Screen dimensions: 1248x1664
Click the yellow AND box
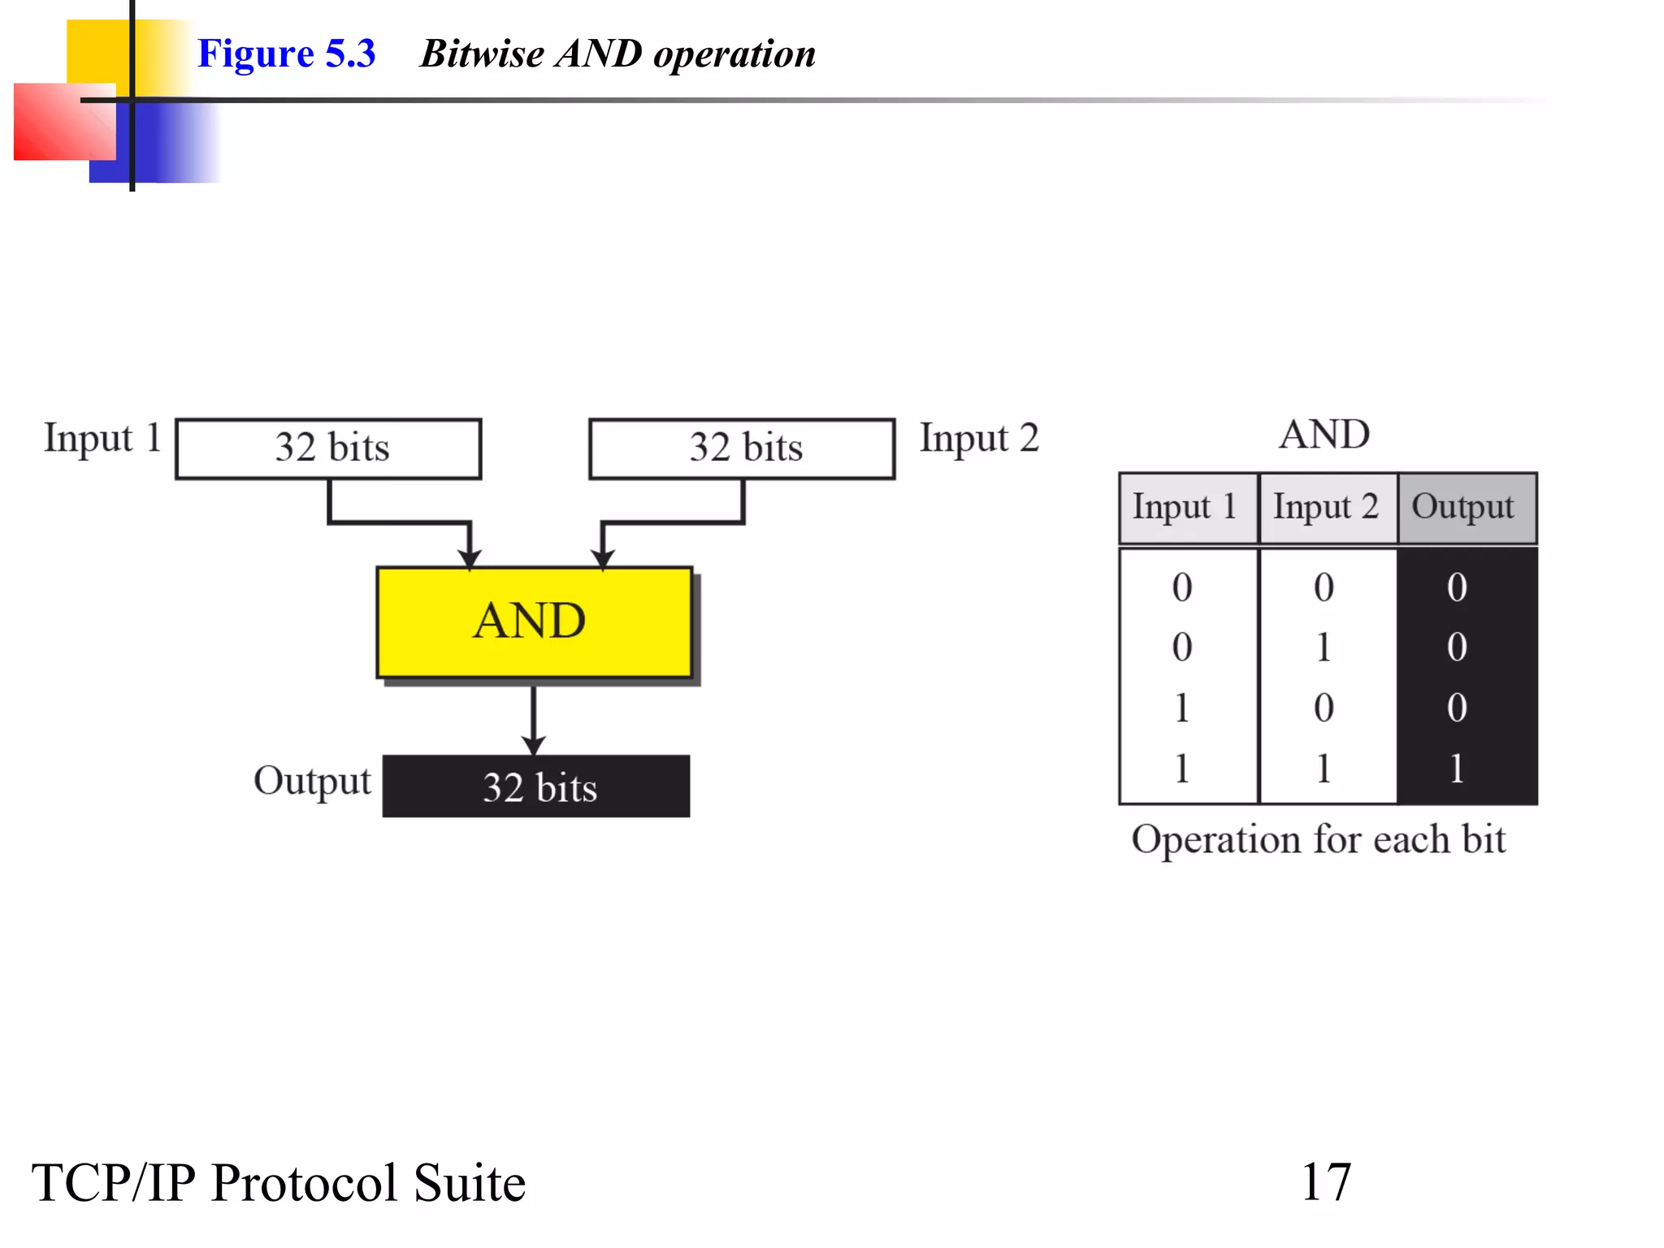point(534,622)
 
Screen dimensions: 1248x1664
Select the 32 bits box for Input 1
point(328,448)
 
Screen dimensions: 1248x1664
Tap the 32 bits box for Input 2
point(742,448)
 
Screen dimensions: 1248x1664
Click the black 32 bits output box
point(536,786)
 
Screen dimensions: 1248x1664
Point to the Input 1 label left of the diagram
point(102,439)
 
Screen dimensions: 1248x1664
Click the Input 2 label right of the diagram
point(979,439)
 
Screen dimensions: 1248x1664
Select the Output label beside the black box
point(312,781)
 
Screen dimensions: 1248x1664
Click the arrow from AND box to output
point(533,719)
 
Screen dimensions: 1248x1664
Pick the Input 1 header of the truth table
point(1185,508)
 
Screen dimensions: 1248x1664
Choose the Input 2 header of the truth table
point(1326,508)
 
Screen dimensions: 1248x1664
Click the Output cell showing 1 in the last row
point(1457,768)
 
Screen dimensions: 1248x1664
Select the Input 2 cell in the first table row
point(1324,587)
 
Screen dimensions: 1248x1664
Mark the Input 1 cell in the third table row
point(1182,708)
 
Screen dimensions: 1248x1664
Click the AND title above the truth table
point(1324,435)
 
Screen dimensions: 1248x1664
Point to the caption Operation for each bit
point(1318,839)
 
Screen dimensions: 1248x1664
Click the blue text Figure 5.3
point(286,54)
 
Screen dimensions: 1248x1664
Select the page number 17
point(1326,1182)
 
